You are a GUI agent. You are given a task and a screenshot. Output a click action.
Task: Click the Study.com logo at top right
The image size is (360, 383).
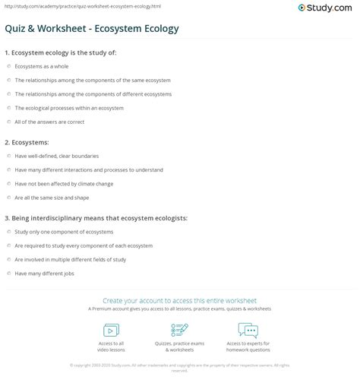[328, 8]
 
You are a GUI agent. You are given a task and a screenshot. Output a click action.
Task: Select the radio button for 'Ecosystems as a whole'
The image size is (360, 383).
[8, 66]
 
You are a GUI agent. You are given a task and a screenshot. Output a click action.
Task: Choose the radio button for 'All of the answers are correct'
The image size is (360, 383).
[8, 121]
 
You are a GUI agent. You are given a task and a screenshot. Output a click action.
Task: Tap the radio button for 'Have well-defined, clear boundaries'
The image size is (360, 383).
[8, 156]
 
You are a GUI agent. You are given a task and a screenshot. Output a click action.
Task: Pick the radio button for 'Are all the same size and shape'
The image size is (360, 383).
[8, 197]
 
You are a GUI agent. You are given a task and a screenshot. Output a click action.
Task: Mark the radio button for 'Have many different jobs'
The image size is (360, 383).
[8, 273]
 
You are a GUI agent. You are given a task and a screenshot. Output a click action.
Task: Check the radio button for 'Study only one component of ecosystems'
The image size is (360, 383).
[8, 232]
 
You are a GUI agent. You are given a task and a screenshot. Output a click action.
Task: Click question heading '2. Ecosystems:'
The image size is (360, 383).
[27, 141]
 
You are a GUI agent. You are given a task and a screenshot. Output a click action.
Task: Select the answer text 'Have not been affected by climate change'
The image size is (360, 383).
[59, 183]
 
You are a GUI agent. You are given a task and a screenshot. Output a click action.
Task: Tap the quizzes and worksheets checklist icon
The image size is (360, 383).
[180, 329]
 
